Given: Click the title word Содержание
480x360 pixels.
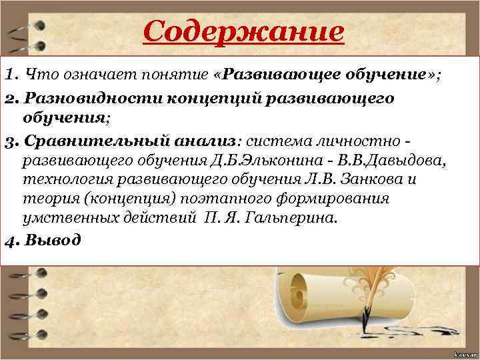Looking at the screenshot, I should point(243,31).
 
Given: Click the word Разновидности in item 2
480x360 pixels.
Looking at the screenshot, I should point(81,99).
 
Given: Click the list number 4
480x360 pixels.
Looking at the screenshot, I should point(7,240).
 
